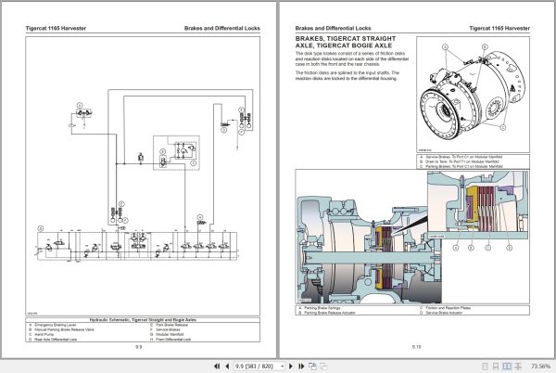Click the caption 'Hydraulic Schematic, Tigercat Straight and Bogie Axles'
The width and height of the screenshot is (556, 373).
(139, 317)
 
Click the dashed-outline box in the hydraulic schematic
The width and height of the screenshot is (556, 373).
(174, 152)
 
